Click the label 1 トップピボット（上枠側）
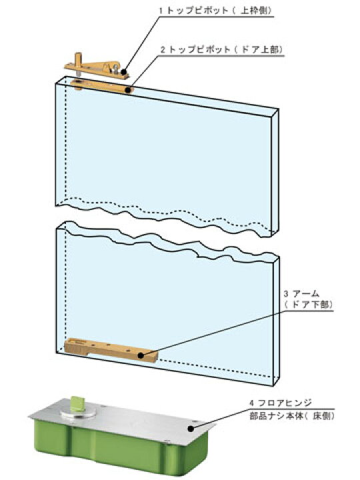pyautogui.click(x=215, y=10)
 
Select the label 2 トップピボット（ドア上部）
pyautogui.click(x=221, y=49)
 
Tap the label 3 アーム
pyautogui.click(x=301, y=294)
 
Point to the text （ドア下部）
pyautogui.click(x=308, y=305)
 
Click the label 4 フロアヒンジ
pyautogui.click(x=281, y=403)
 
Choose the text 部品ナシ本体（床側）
pyautogui.click(x=292, y=416)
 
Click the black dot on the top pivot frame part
pyautogui.click(x=124, y=72)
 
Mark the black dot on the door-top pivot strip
pyautogui.click(x=129, y=90)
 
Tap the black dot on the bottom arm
pyautogui.click(x=141, y=355)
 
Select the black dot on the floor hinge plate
pyautogui.click(x=191, y=429)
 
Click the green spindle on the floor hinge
pyautogui.click(x=75, y=403)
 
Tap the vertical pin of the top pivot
pyautogui.click(x=79, y=63)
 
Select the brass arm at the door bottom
pyautogui.click(x=111, y=350)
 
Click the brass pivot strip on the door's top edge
pyautogui.click(x=103, y=86)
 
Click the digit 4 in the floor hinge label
pyautogui.click(x=251, y=403)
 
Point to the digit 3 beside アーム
pyautogui.click(x=286, y=294)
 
